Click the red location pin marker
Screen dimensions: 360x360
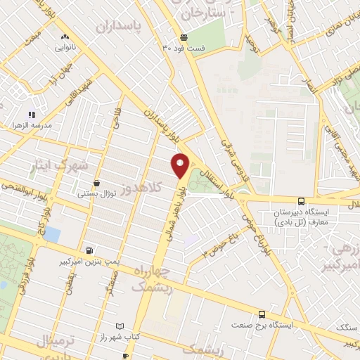(180, 166)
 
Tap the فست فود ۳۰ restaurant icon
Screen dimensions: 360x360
(184, 38)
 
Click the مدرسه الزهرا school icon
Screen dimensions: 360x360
(32, 115)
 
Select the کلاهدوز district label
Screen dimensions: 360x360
(143, 188)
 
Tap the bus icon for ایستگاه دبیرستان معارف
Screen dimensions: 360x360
(301, 200)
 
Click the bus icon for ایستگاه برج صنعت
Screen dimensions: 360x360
(262, 314)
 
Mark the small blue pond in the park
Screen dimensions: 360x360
(51, 234)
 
